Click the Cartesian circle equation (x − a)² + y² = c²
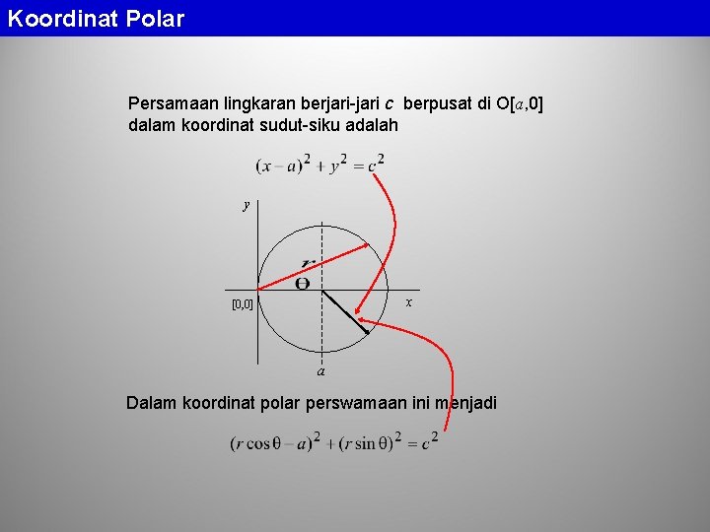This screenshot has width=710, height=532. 319,164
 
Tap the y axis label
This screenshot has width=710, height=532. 248,205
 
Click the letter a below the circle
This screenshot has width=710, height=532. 321,372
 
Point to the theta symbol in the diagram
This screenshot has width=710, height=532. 303,284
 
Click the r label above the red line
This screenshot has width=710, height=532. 309,262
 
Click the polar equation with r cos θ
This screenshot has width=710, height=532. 333,442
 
